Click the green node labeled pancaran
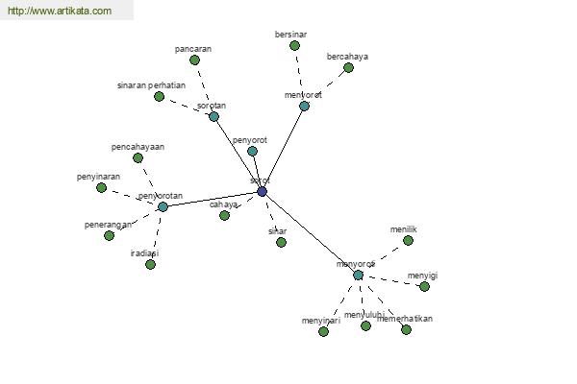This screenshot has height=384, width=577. [x=194, y=60]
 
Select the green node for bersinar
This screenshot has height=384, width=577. [x=294, y=45]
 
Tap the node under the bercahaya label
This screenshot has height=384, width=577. [x=348, y=67]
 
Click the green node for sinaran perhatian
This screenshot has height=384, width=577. [x=159, y=96]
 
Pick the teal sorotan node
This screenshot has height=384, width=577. [x=213, y=116]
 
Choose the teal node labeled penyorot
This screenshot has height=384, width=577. [x=252, y=151]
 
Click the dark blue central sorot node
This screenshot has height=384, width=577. [x=262, y=192]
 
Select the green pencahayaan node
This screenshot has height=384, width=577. [x=138, y=157]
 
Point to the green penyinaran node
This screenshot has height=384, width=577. [x=101, y=187]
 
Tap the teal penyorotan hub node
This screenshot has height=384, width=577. [x=163, y=206]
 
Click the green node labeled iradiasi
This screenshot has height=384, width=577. [x=150, y=264]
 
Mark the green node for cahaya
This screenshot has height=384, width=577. [x=224, y=215]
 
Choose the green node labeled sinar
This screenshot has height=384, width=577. [x=281, y=242]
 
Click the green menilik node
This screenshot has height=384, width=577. [x=408, y=240]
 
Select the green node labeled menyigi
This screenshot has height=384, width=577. [x=424, y=286]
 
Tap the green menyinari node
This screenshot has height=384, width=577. [x=323, y=331]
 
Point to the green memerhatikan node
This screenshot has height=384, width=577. [x=406, y=329]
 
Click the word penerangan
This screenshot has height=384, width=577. [x=108, y=225]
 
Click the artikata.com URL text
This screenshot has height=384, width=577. [x=60, y=12]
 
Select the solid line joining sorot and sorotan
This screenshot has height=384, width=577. [x=238, y=154]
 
